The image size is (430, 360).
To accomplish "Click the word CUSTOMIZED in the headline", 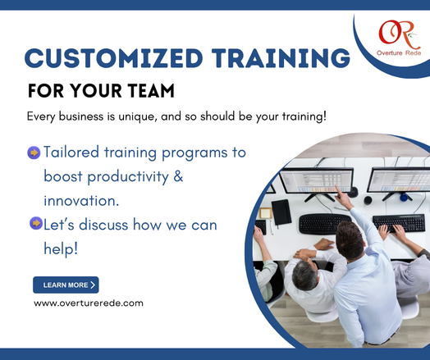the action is [x=113, y=58].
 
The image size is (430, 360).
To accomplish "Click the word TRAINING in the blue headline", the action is [x=281, y=58].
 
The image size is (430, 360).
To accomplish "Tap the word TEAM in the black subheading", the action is [x=151, y=91].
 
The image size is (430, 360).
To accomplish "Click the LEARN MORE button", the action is [x=66, y=285].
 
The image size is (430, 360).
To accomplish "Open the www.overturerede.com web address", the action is [x=89, y=303].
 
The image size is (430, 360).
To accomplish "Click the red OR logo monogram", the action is [x=399, y=34].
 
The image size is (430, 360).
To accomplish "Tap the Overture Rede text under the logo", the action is [x=399, y=53].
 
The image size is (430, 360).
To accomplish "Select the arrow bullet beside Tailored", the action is [x=34, y=153].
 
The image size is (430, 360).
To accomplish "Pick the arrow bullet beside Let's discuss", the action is [x=36, y=223].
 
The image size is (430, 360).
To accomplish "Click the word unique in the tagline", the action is [x=138, y=116].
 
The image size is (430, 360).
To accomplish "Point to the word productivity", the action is [x=128, y=177].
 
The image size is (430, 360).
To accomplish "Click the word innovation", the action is [x=81, y=201].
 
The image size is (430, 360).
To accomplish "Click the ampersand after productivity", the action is [x=178, y=175].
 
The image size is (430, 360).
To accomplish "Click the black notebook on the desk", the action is [x=281, y=212].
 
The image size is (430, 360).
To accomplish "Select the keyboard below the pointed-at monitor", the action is [x=326, y=224].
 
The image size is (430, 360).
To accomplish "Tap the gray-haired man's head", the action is [x=305, y=275].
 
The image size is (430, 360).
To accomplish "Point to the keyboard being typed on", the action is [x=399, y=223].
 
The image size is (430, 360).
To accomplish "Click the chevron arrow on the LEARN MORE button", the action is [x=93, y=285].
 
